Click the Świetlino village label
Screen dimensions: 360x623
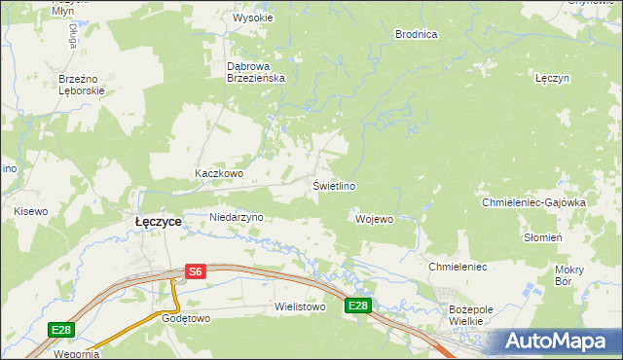333,186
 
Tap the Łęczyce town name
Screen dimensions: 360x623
158,222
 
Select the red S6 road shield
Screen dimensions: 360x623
196,272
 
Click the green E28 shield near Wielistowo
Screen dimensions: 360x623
358,306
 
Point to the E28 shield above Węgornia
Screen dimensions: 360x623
61,331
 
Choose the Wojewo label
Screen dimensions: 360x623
375,219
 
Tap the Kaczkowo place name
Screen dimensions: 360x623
218,174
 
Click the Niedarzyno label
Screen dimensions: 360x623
237,217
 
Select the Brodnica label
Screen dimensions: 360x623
416,34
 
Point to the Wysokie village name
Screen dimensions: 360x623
251,18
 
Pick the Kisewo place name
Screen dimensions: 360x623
30,210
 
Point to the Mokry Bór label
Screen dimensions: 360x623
568,275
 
